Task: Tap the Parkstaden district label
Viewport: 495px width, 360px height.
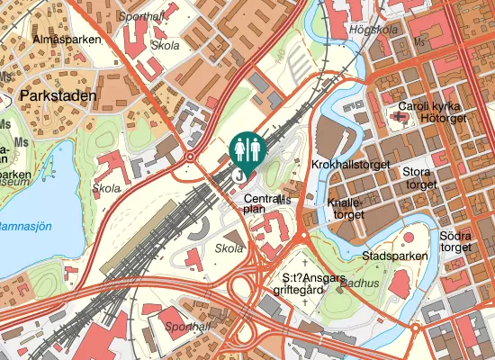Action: click(57, 94)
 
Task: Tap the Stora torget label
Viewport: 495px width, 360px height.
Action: click(419, 177)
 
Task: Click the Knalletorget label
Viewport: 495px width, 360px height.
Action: click(347, 209)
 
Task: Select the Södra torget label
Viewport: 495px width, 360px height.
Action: click(456, 241)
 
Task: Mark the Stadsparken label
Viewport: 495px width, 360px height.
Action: click(393, 256)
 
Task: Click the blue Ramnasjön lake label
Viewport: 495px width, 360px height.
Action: click(31, 226)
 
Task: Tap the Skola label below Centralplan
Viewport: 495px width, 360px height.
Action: click(229, 247)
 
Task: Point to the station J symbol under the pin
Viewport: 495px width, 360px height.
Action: click(239, 176)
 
